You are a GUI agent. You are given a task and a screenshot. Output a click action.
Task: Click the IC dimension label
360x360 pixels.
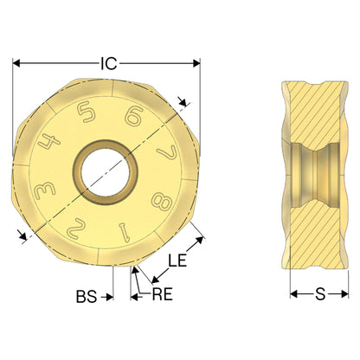pos(109,64)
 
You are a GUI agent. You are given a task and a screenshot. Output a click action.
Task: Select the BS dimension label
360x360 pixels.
pos(87,297)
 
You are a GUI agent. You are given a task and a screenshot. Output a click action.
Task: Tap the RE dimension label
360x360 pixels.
pos(163,294)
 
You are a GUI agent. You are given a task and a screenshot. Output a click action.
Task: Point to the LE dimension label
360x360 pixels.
pos(177,260)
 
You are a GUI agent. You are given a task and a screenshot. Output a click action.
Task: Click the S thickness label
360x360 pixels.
pos(320,294)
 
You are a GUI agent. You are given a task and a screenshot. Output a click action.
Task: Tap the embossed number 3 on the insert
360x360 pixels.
pos(45,191)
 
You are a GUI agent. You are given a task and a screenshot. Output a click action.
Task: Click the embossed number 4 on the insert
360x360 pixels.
pos(49,141)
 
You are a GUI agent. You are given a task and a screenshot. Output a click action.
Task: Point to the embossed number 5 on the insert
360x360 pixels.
pos(87,112)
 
